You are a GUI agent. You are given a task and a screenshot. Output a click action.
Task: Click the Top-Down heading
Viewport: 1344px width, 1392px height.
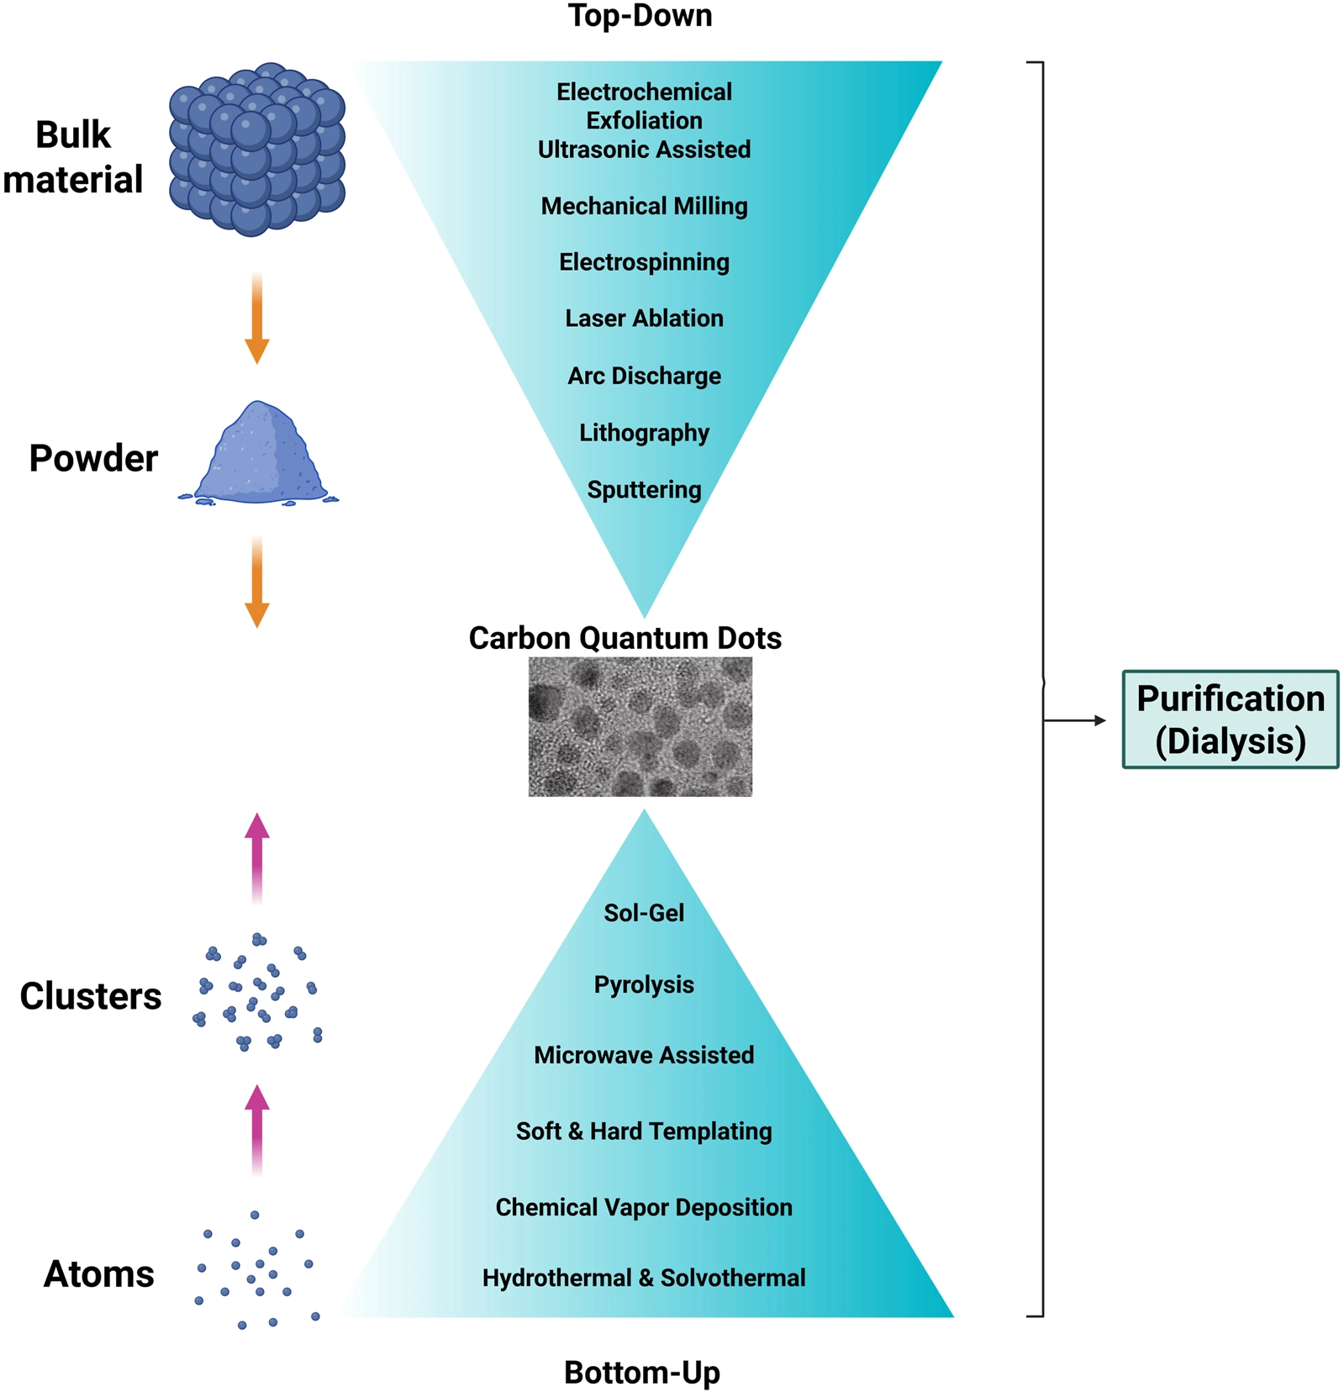(x=640, y=16)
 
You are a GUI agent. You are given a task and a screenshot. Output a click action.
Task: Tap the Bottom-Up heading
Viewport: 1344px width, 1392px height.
(x=641, y=1372)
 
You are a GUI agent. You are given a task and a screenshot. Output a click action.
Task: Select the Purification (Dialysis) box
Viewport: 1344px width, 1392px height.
(x=1230, y=720)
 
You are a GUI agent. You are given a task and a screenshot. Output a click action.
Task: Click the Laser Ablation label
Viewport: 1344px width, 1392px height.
(x=644, y=319)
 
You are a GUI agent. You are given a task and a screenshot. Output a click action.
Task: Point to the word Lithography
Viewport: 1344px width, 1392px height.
(x=644, y=433)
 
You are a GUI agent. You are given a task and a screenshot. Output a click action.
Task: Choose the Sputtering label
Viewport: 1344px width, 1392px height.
(x=644, y=489)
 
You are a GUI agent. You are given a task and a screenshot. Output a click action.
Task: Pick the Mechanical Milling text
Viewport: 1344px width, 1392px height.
(x=644, y=206)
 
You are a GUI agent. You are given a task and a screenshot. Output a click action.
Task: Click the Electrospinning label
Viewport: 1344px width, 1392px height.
(x=644, y=262)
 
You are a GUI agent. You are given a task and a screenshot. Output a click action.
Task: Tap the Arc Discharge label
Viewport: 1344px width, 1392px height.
(x=644, y=376)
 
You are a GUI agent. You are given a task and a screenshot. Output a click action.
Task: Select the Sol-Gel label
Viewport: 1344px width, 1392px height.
(x=644, y=913)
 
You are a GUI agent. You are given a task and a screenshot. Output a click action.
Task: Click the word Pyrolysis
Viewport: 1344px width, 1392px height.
(x=644, y=984)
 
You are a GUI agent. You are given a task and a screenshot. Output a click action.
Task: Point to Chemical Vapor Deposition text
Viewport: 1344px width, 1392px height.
(x=644, y=1207)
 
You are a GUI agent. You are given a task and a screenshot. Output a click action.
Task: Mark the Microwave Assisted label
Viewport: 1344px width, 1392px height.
(x=644, y=1055)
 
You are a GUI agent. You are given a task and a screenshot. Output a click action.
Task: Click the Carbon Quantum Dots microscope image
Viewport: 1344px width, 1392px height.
(x=640, y=727)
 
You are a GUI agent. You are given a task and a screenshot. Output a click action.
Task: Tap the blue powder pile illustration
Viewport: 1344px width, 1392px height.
(x=258, y=456)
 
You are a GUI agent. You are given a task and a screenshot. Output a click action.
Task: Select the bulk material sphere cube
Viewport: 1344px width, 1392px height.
(x=257, y=149)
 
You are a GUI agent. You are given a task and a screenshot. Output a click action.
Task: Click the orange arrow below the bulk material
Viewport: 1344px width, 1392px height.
(x=257, y=318)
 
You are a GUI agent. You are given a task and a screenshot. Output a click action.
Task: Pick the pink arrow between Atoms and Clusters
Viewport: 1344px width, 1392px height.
(x=257, y=1129)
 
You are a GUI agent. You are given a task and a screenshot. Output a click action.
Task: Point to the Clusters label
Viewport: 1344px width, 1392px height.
(x=91, y=996)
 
